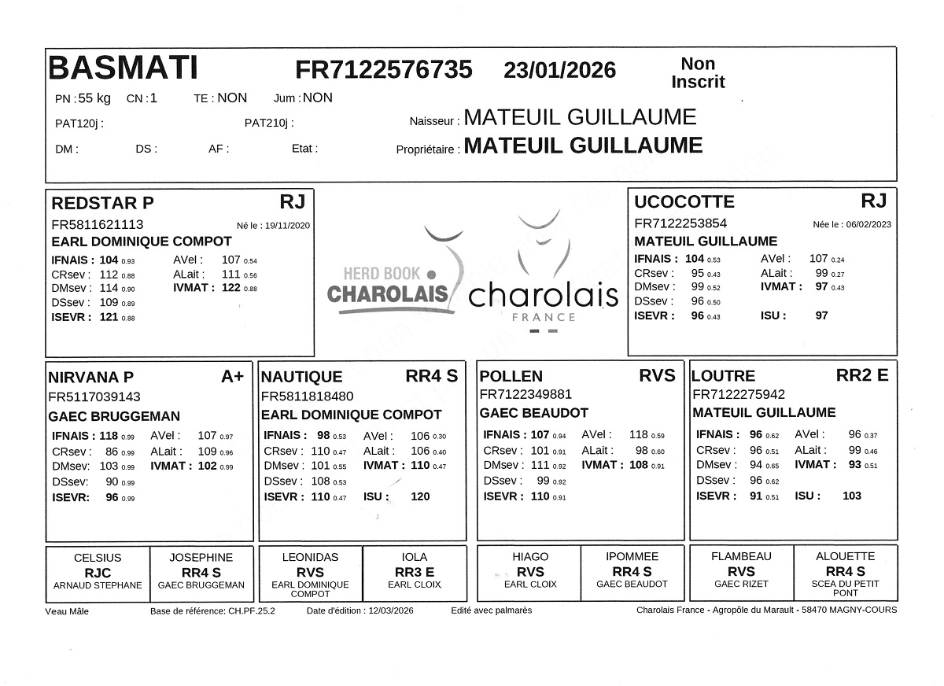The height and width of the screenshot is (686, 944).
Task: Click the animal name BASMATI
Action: (x=123, y=68)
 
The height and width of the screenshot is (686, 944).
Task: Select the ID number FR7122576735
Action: (x=384, y=70)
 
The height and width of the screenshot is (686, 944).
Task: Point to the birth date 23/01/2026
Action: (x=559, y=70)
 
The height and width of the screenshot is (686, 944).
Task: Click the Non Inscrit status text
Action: (x=698, y=73)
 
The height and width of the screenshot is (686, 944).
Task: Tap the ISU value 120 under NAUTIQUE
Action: (x=420, y=496)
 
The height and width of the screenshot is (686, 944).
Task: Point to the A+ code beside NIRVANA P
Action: (x=233, y=377)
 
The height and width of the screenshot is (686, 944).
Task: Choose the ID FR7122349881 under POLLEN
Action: (x=525, y=394)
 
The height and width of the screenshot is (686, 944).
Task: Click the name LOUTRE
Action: (x=724, y=376)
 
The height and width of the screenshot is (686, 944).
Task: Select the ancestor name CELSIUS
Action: (x=98, y=557)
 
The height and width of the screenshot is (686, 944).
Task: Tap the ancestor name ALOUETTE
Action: (x=845, y=556)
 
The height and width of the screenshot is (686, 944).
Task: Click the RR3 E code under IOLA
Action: (x=415, y=572)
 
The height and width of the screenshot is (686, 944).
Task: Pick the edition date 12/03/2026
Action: (x=390, y=610)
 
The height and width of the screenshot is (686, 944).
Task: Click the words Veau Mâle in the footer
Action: (x=67, y=611)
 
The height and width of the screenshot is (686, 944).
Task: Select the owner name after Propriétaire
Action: (x=583, y=146)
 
